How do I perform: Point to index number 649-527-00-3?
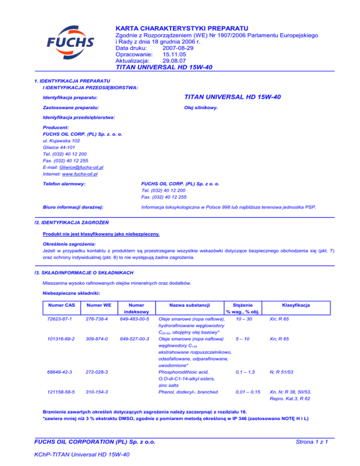135,338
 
